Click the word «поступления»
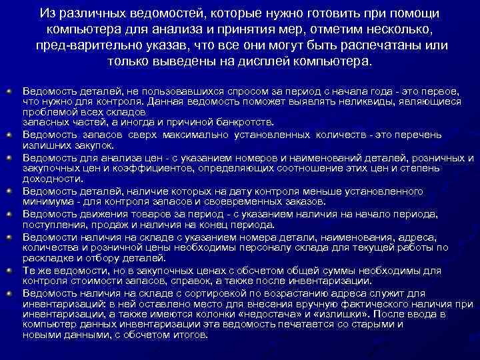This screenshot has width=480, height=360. click(52, 225)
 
